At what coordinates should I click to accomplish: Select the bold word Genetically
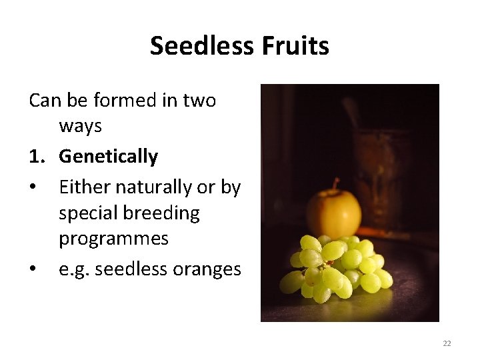point(108,157)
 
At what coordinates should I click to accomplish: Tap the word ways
point(80,125)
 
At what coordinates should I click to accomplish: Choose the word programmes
point(113,239)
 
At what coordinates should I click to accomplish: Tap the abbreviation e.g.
point(74,269)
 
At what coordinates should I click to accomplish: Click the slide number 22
point(447,343)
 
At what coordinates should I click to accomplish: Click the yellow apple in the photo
point(333,213)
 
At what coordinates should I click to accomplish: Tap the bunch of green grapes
point(337,267)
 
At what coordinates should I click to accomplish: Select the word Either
point(81,188)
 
